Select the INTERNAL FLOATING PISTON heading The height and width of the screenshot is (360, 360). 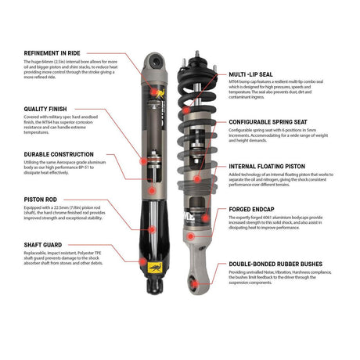click(273, 167)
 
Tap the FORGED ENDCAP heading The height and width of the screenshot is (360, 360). click(254, 209)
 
